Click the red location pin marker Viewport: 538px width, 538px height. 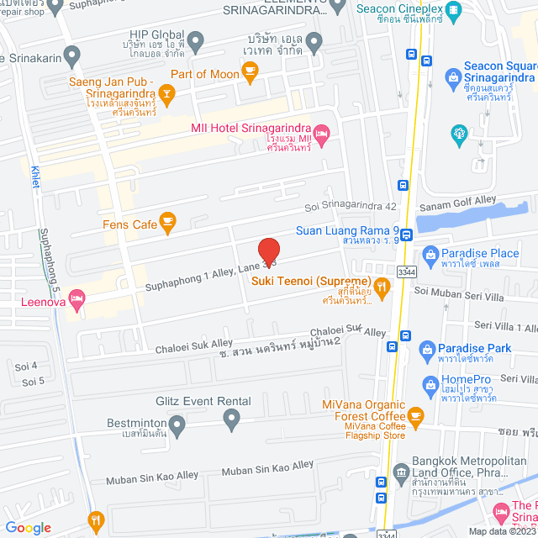268,251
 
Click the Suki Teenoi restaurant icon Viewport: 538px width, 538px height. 382,288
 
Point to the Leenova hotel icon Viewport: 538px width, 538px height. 76,298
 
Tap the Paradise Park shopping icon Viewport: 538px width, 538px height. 427,348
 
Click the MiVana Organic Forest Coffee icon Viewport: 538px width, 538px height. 414,414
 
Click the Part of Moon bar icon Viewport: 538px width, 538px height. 250,73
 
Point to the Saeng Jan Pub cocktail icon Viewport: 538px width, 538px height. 167,94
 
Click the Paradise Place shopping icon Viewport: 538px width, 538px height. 430,253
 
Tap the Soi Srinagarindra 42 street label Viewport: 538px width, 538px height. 350,207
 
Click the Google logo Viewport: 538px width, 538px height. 28,527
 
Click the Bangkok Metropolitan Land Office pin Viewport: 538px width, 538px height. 401,462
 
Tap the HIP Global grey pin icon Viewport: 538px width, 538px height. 196,40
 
